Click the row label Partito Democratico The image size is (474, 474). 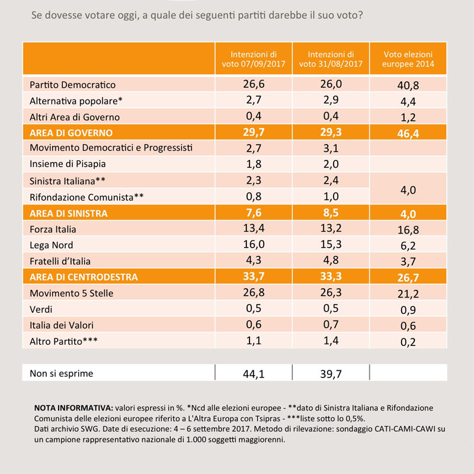coord(72,85)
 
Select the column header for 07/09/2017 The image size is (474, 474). coord(254,59)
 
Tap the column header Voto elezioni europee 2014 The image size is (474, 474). coord(408,59)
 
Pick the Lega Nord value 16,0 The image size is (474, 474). coord(254,244)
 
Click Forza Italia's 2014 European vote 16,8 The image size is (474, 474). coord(408,230)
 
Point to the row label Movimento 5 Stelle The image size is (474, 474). coord(71,293)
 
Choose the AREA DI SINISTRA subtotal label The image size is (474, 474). coord(69,213)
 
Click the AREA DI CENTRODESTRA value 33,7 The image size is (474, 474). coord(254,276)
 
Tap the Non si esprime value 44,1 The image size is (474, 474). coord(254,374)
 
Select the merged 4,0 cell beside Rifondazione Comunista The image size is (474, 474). coord(408,190)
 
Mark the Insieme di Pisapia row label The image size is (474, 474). coord(68,164)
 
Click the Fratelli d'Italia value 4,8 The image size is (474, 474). coord(331,260)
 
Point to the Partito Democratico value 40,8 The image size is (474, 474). coord(408,85)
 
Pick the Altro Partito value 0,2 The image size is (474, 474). coord(408,342)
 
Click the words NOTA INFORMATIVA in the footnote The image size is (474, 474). coord(73,408)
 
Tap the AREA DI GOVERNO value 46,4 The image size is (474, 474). coord(408,134)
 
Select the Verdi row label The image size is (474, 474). coord(41,309)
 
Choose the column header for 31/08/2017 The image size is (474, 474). coord(331,59)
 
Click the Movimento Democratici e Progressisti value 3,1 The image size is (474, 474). coord(331,148)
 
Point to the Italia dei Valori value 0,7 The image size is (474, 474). coord(331,324)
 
